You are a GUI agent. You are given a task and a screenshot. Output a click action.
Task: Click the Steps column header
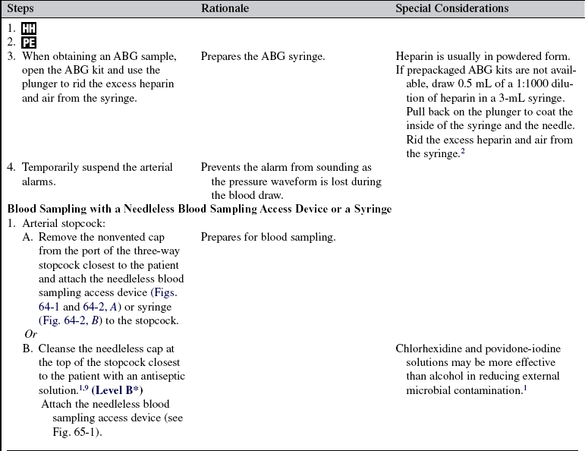pyautogui.click(x=21, y=8)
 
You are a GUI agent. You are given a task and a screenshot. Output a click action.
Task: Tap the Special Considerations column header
pyautogui.click(x=451, y=8)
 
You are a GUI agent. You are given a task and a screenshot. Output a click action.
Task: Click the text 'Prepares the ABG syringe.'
pyautogui.click(x=263, y=56)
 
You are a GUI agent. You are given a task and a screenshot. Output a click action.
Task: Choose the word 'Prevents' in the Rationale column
pyautogui.click(x=222, y=167)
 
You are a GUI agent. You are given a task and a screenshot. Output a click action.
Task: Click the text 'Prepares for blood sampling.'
pyautogui.click(x=268, y=237)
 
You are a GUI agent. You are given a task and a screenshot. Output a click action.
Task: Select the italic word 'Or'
pyautogui.click(x=30, y=334)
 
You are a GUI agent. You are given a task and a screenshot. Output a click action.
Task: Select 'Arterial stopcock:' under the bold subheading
pyautogui.click(x=64, y=223)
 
